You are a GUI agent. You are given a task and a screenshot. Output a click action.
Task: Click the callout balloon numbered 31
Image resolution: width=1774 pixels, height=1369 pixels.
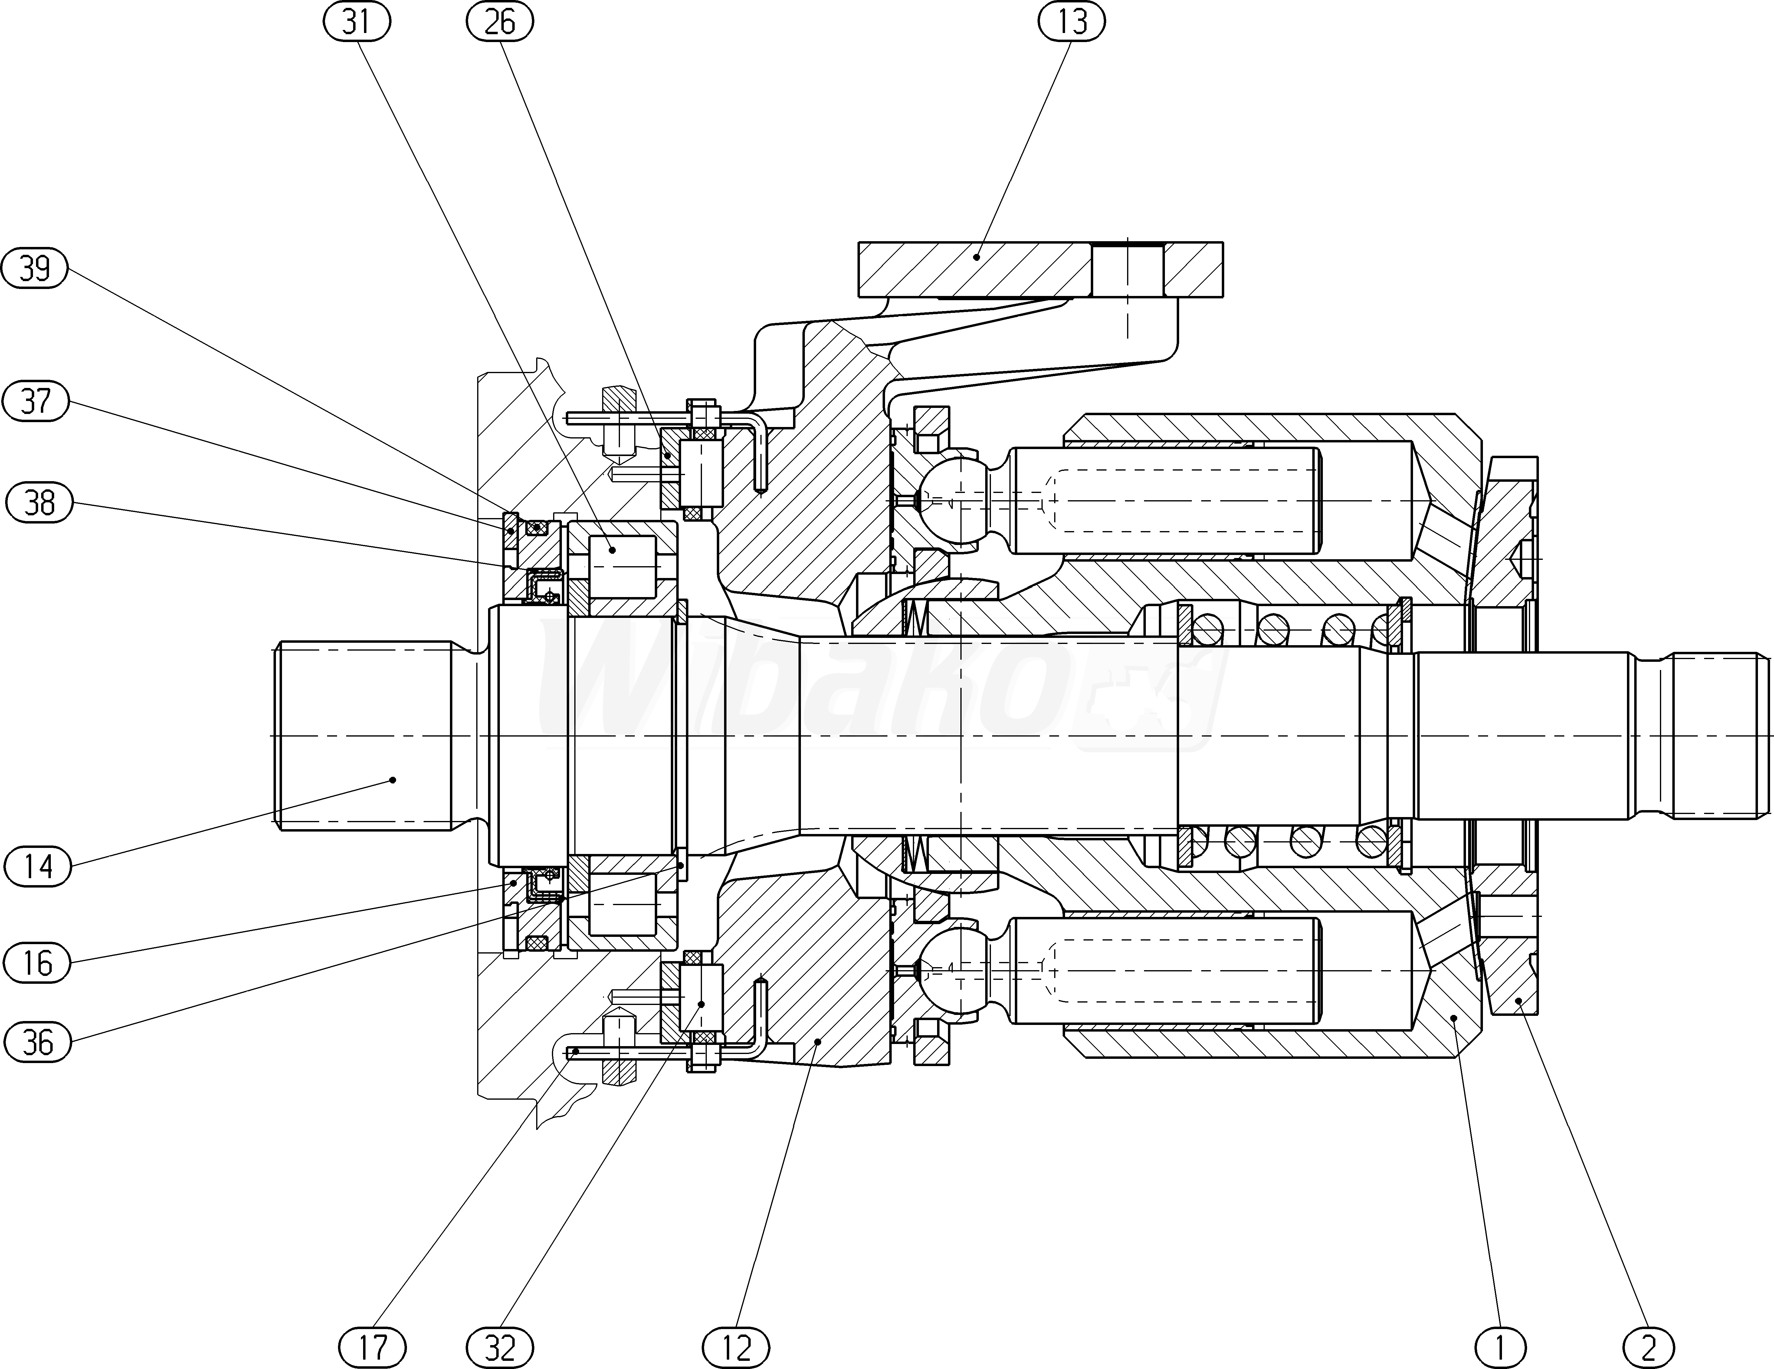tap(357, 22)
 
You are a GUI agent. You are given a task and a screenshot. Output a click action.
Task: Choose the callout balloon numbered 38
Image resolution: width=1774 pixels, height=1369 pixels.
tap(39, 503)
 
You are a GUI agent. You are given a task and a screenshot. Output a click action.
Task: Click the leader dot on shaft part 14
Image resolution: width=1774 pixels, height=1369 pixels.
tap(393, 780)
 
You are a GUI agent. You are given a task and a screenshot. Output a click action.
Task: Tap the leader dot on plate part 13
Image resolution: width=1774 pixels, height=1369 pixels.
tap(977, 257)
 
